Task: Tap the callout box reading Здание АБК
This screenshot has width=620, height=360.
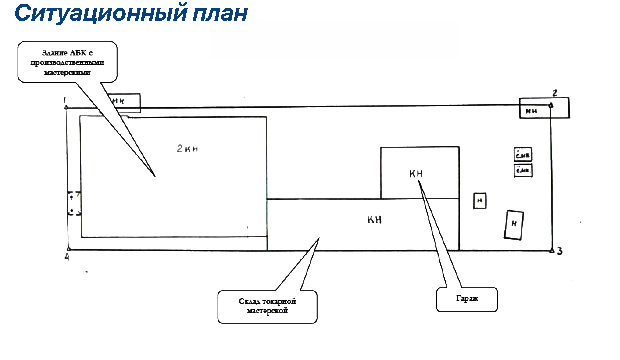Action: pos(67,62)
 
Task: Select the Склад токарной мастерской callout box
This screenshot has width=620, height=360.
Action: pos(268,306)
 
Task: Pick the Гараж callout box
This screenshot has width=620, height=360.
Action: pos(467,299)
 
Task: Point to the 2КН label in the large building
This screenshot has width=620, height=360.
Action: pos(188,149)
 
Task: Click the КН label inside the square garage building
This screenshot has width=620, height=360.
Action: pos(416,174)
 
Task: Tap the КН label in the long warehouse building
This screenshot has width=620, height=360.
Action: pos(375,220)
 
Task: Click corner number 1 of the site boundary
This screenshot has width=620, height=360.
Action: pos(65,100)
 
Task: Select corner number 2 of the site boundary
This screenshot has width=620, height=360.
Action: pos(554,92)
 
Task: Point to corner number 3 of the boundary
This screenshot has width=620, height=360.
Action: pos(560,251)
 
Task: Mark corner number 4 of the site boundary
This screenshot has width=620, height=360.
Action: pos(66,257)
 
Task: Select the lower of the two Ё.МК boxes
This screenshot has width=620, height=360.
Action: pos(523,171)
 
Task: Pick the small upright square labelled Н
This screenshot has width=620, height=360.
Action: pos(480,201)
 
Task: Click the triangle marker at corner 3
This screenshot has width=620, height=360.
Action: pos(551,250)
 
